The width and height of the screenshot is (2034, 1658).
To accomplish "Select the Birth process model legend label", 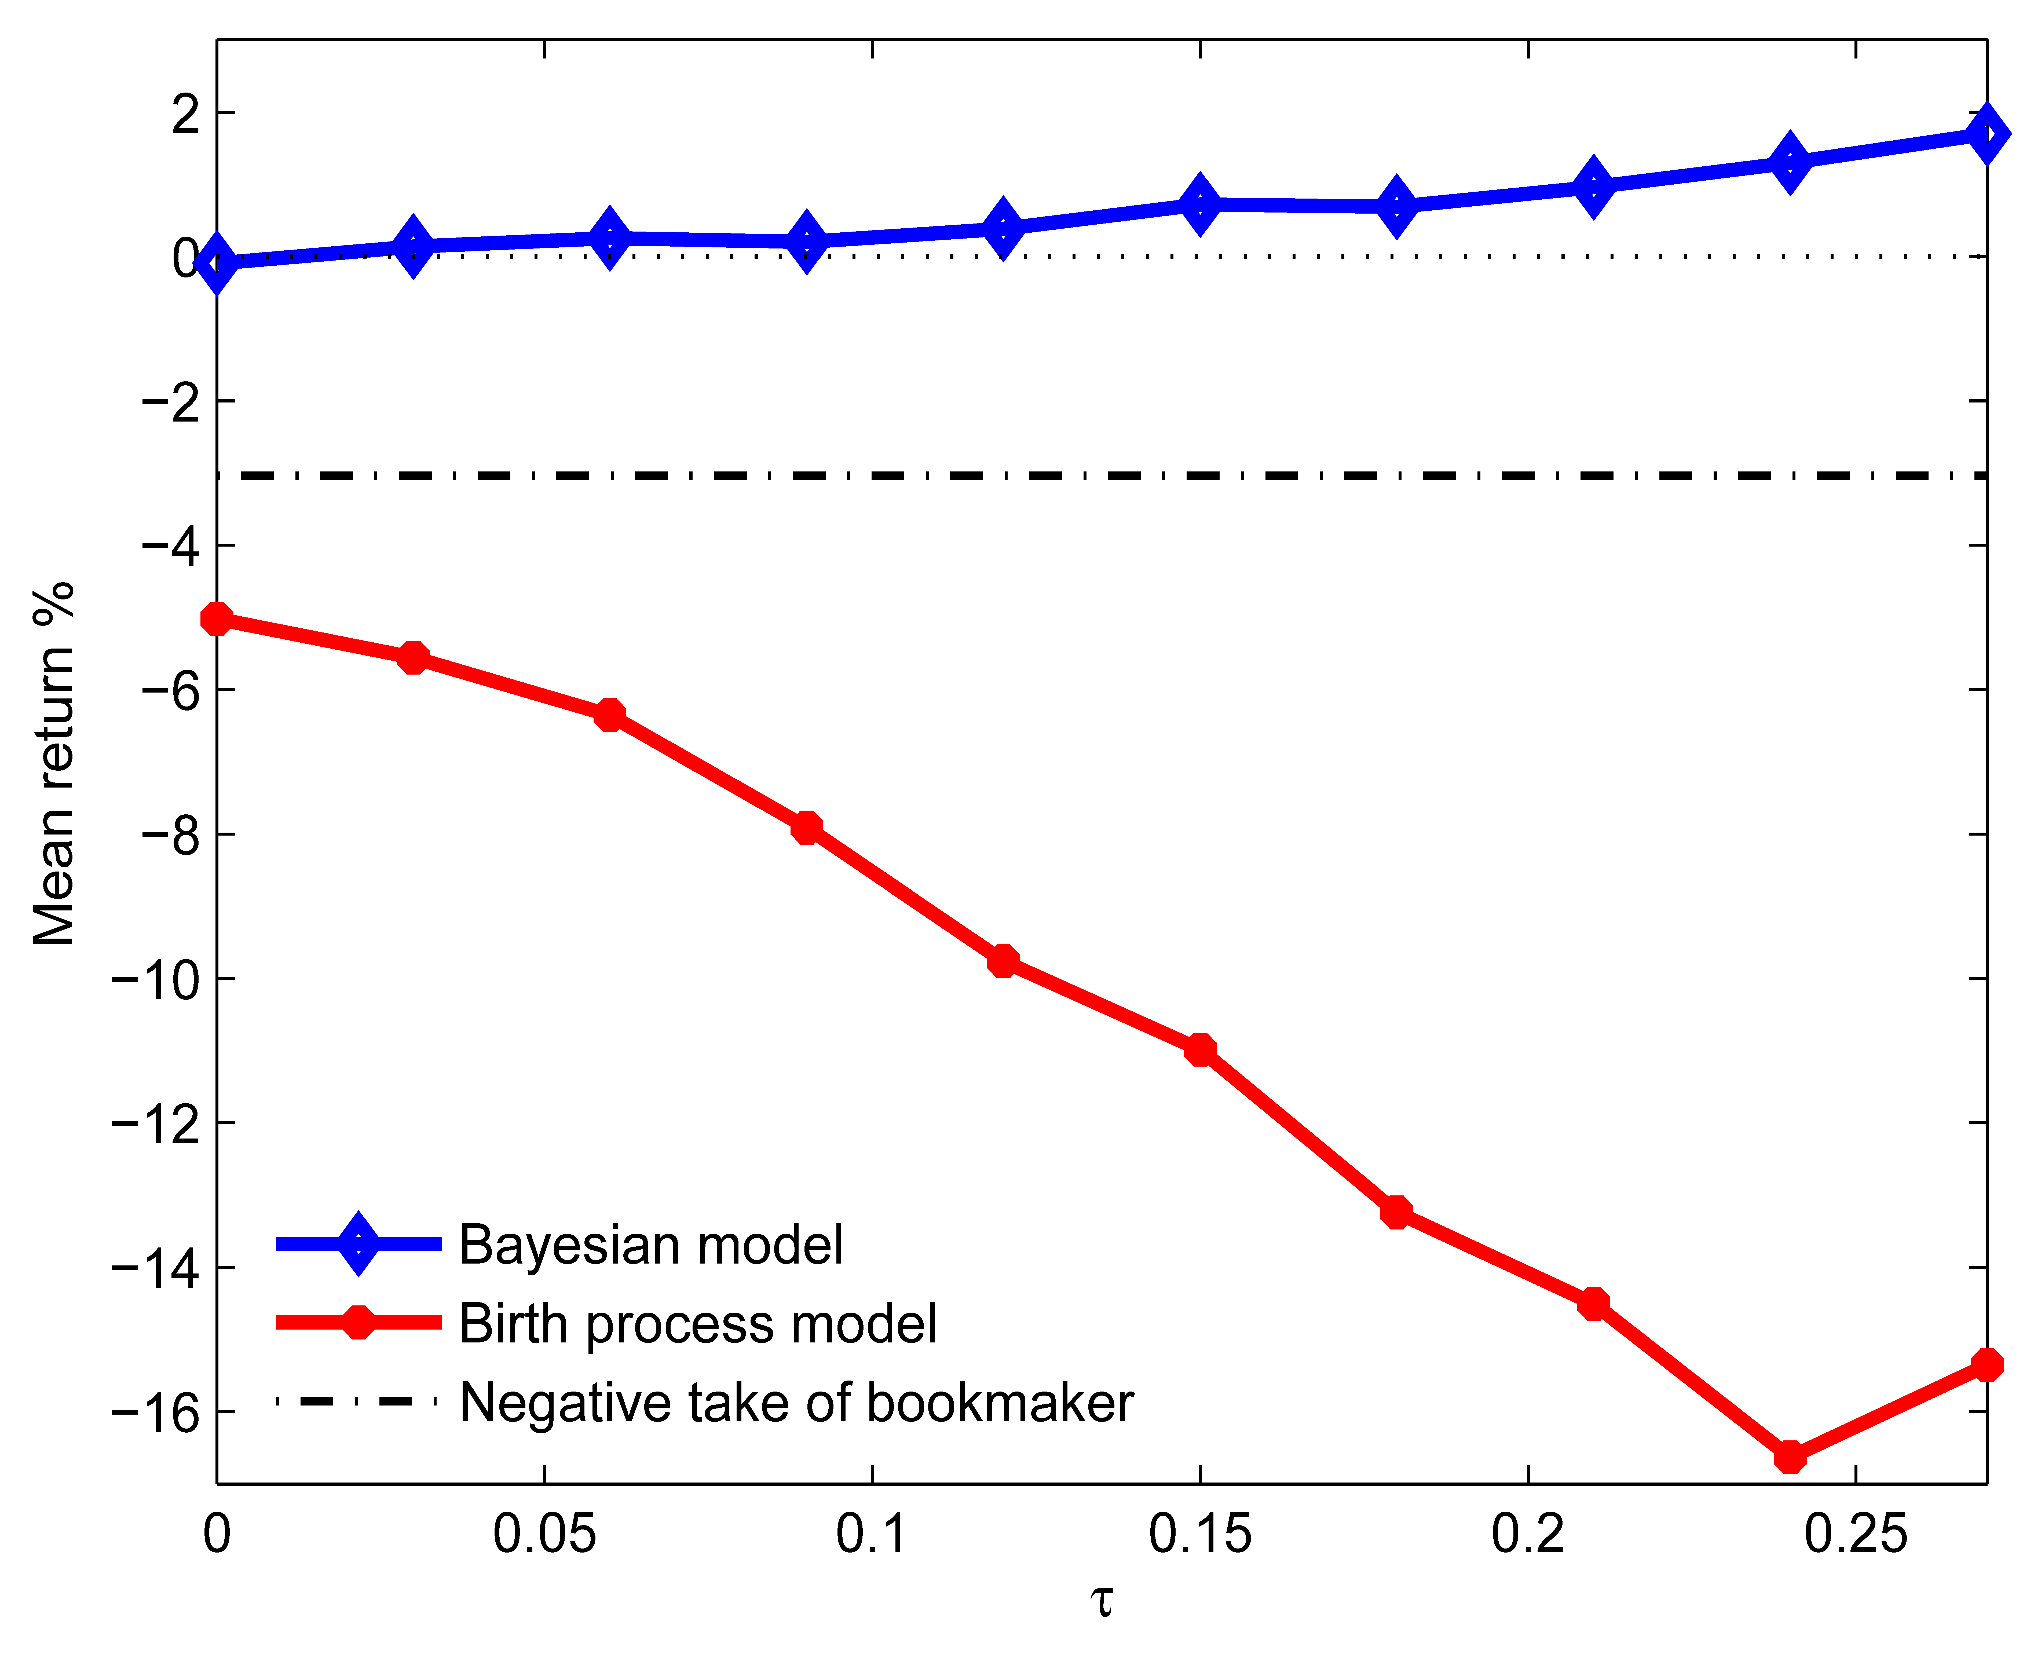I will point(698,1324).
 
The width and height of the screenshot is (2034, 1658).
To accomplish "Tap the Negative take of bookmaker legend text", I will point(796,1402).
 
